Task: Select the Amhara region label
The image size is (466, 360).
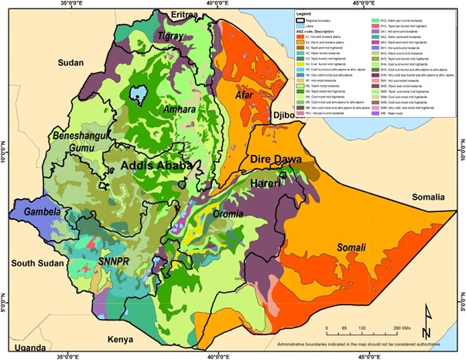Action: coord(180,111)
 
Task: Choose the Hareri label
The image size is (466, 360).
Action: coord(265,183)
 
